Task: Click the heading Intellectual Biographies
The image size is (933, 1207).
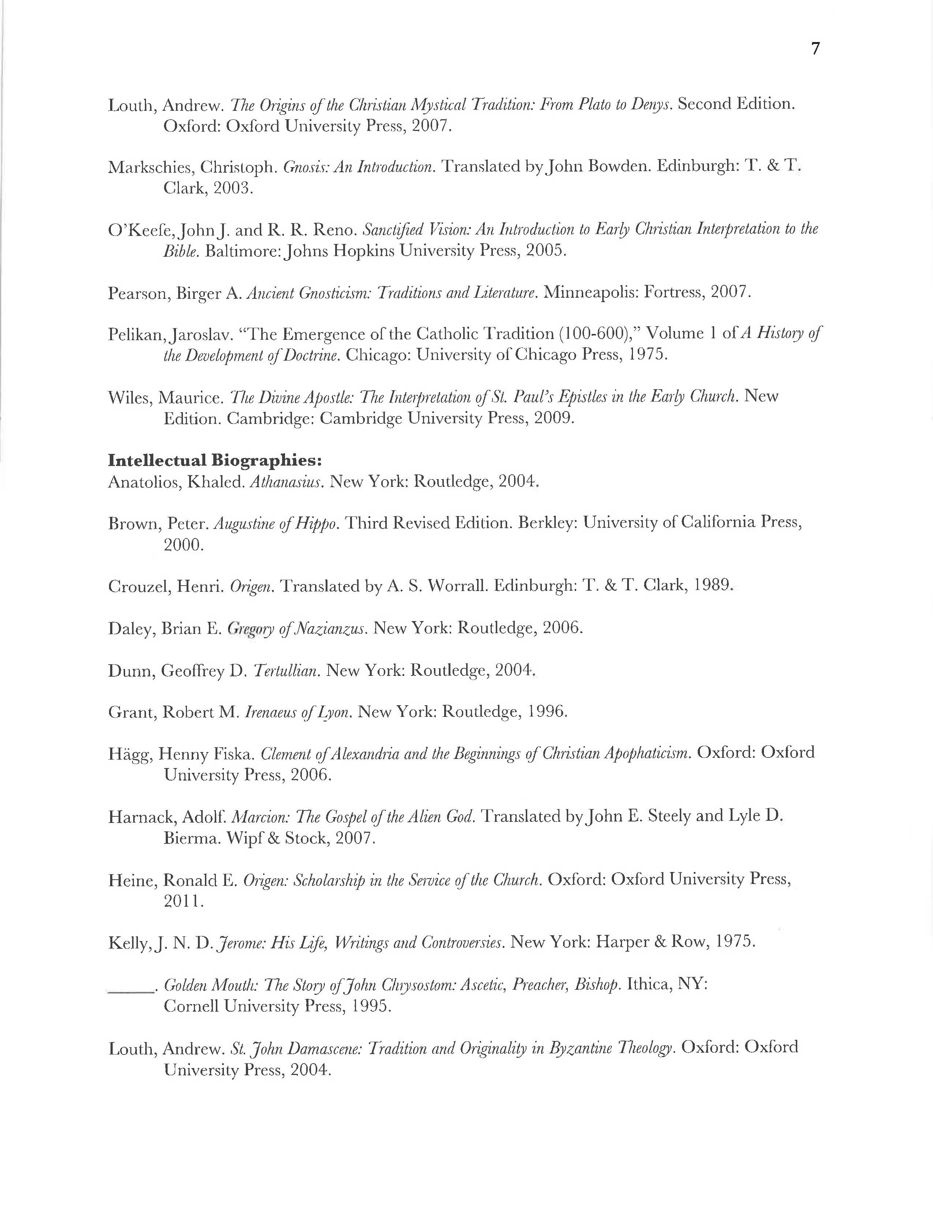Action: (x=214, y=460)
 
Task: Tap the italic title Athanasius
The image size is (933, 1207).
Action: (x=286, y=482)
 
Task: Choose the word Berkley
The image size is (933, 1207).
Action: (x=547, y=523)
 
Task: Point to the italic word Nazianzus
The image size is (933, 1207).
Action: (x=337, y=629)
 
